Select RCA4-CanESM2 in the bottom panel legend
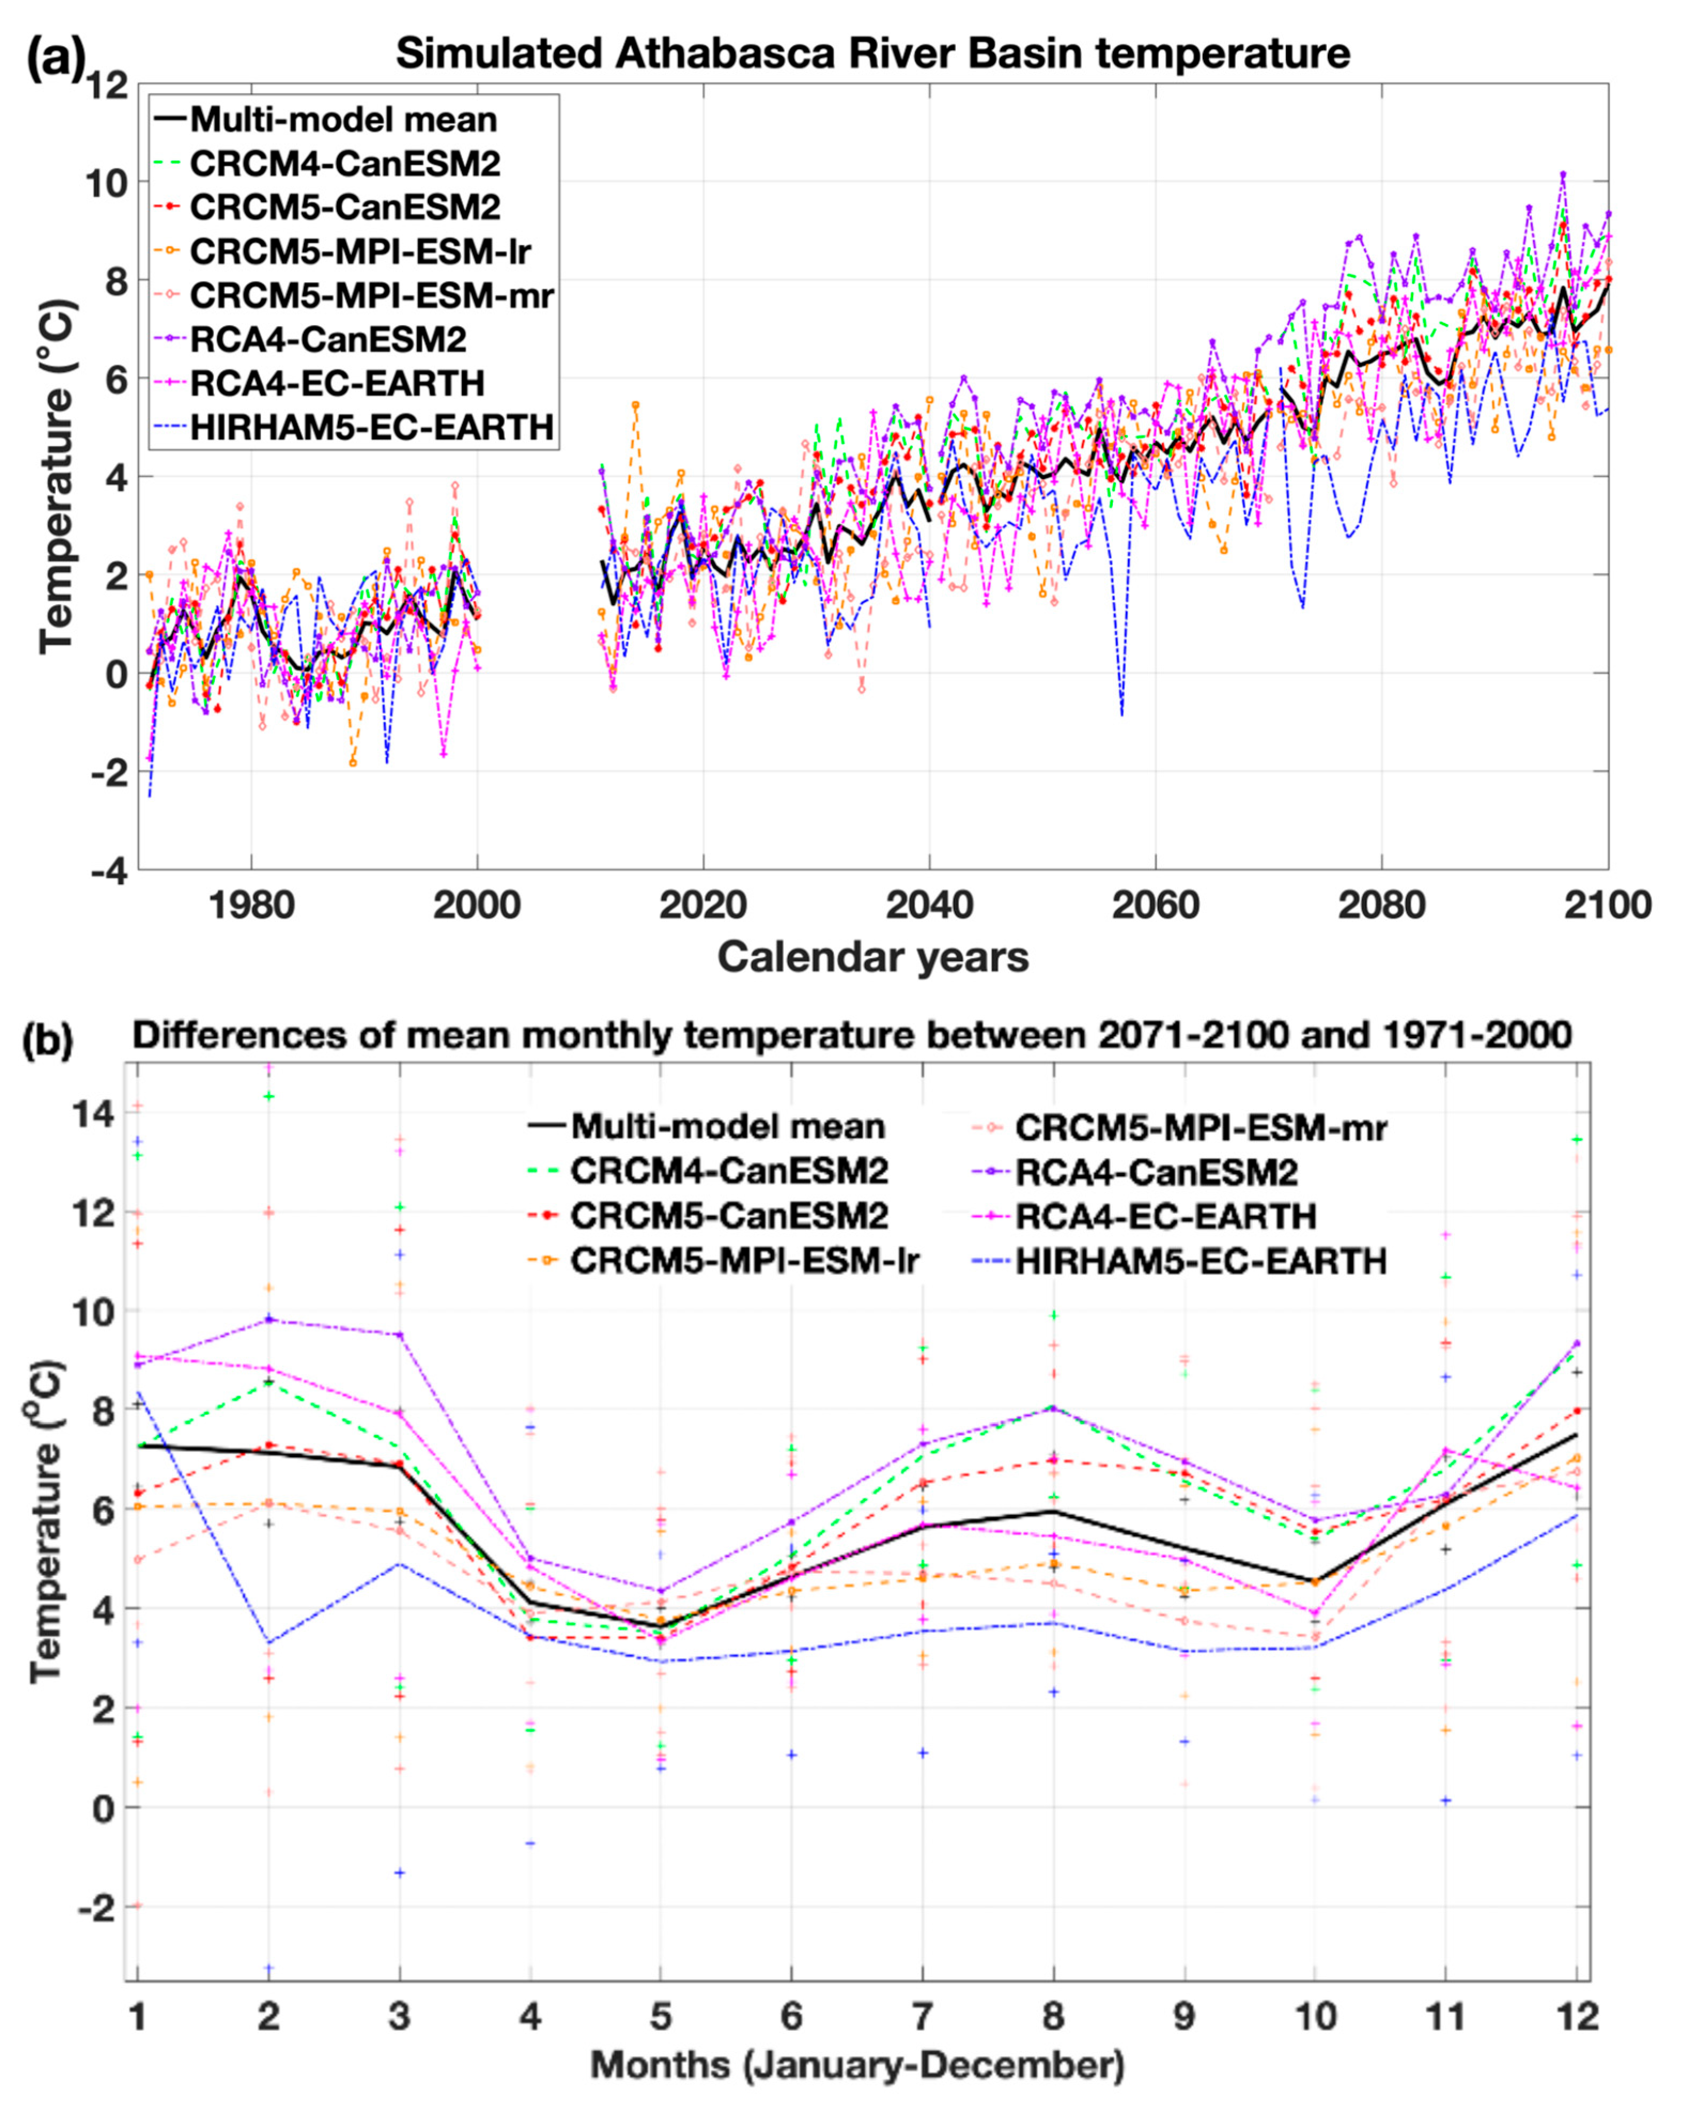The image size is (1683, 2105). pos(1157,1171)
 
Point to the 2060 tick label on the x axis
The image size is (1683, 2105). pos(1155,905)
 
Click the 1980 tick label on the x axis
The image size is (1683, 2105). pos(251,905)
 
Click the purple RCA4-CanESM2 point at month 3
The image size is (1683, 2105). pos(399,1335)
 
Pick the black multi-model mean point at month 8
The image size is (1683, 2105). pos(1053,1511)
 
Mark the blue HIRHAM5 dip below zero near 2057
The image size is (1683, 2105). pos(1121,714)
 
